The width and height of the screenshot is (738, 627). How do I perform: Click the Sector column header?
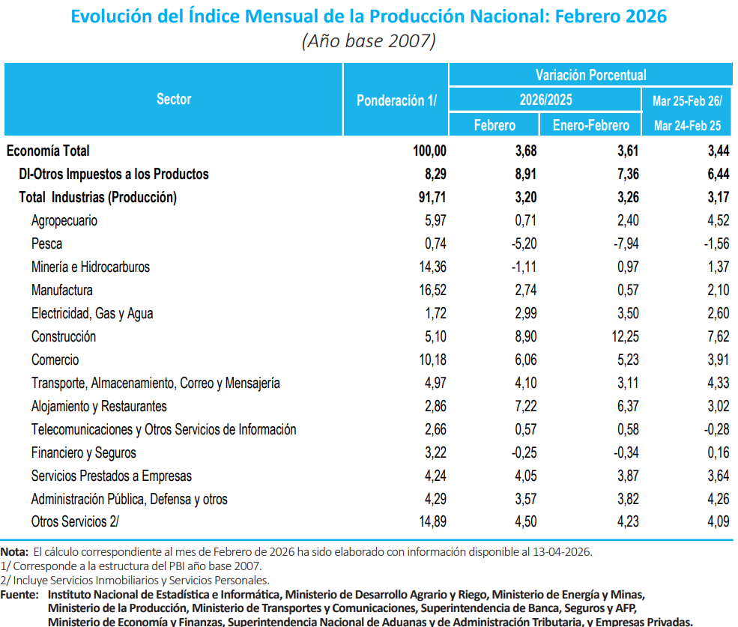pos(174,99)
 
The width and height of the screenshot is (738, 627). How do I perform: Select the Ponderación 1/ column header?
pos(396,100)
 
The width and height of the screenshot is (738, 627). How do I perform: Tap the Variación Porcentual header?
pos(590,75)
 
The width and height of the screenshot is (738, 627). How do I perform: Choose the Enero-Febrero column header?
pos(591,125)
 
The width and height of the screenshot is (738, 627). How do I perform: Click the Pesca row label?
pos(46,244)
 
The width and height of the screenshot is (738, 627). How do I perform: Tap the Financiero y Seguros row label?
pos(83,453)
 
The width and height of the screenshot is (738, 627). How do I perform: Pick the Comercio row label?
pos(55,360)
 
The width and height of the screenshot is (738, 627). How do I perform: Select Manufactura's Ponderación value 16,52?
pos(429,291)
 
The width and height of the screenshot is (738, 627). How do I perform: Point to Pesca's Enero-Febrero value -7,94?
pos(626,244)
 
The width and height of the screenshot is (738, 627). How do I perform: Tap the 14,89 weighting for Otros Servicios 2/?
pos(429,523)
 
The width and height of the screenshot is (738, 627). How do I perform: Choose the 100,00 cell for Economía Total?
pos(429,151)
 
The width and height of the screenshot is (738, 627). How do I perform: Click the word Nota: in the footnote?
pos(15,552)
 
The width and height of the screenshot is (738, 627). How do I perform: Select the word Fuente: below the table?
pos(19,595)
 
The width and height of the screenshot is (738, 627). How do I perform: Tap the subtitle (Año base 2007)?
pos(369,40)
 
